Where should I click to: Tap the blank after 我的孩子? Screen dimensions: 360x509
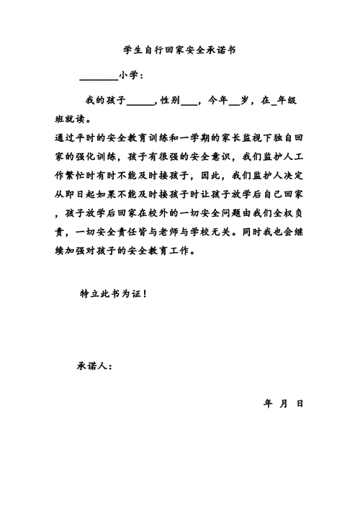[140, 102]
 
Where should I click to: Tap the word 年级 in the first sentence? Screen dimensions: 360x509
[287, 102]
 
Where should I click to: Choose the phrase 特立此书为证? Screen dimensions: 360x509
[112, 294]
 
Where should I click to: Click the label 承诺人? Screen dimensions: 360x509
[94, 365]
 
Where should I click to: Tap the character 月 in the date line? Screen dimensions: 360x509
[284, 403]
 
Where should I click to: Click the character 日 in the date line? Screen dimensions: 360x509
[300, 403]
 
